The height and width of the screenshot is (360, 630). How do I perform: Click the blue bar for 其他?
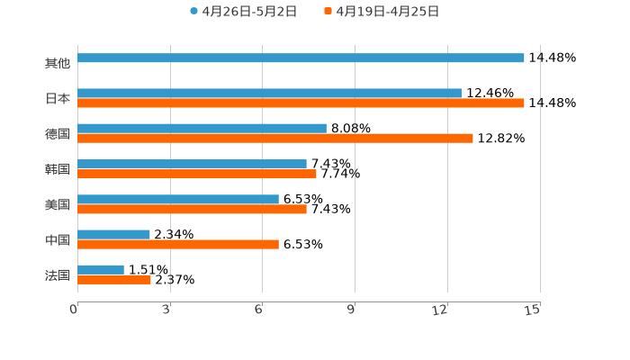pyautogui.click(x=301, y=58)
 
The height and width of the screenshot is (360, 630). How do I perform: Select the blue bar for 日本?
pyautogui.click(x=269, y=93)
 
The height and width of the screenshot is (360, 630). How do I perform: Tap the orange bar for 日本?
pyautogui.click(x=301, y=103)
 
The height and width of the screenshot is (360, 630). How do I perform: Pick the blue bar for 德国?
pyautogui.click(x=202, y=128)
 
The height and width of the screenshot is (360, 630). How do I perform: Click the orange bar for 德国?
pyautogui.click(x=274, y=139)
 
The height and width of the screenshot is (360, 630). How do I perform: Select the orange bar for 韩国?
pyautogui.click(x=196, y=174)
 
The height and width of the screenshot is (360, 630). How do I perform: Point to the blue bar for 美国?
pyautogui.click(x=177, y=199)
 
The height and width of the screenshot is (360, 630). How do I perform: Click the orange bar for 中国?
pyautogui.click(x=177, y=244)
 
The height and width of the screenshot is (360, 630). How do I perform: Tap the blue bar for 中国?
pyautogui.click(x=113, y=234)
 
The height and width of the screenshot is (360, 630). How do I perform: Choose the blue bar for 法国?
pyautogui.click(x=101, y=269)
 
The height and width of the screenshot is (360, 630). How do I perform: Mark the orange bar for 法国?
pyautogui.click(x=113, y=280)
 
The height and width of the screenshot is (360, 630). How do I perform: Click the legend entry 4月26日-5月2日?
pyautogui.click(x=243, y=12)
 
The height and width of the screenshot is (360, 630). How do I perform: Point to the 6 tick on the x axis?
pyautogui.click(x=259, y=310)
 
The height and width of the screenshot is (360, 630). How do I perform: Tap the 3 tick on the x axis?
pyautogui.click(x=167, y=310)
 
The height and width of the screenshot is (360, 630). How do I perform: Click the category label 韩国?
pyautogui.click(x=57, y=169)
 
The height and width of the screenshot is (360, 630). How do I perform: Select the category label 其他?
pyautogui.click(x=57, y=63)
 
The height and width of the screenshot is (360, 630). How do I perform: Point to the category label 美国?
pyautogui.click(x=57, y=204)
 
